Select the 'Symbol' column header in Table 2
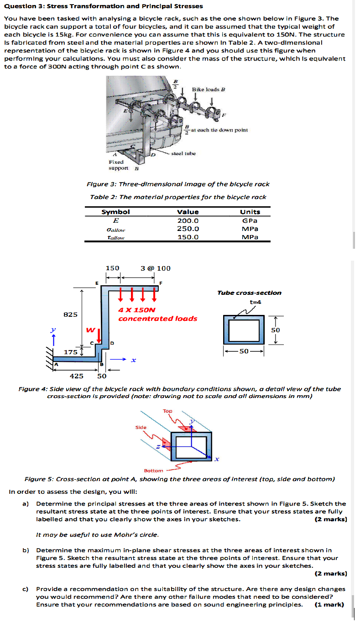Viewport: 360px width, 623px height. tap(115, 212)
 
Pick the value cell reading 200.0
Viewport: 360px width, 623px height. tap(188, 220)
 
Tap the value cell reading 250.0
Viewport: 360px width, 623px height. tap(188, 229)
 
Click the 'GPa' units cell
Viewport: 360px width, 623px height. tap(250, 220)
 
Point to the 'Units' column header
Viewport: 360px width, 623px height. tap(250, 212)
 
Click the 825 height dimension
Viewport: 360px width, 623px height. tap(70, 314)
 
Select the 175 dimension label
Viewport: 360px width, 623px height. tap(70, 352)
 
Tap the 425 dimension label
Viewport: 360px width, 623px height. tap(76, 376)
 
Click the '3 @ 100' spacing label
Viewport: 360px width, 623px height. tap(156, 268)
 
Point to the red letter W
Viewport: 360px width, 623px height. tap(91, 330)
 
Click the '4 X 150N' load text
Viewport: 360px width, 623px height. tap(137, 310)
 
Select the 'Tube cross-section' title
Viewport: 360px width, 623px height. tap(249, 293)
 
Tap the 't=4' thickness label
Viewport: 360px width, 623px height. tap(255, 302)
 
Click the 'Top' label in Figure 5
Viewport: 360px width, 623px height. tap(167, 411)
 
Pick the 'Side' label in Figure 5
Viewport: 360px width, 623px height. tap(141, 428)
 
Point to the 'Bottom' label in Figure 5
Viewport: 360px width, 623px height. tap(153, 471)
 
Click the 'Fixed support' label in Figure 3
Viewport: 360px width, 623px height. tap(116, 165)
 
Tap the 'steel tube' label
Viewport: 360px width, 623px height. tap(183, 154)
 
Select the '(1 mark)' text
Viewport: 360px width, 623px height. tap(330, 605)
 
